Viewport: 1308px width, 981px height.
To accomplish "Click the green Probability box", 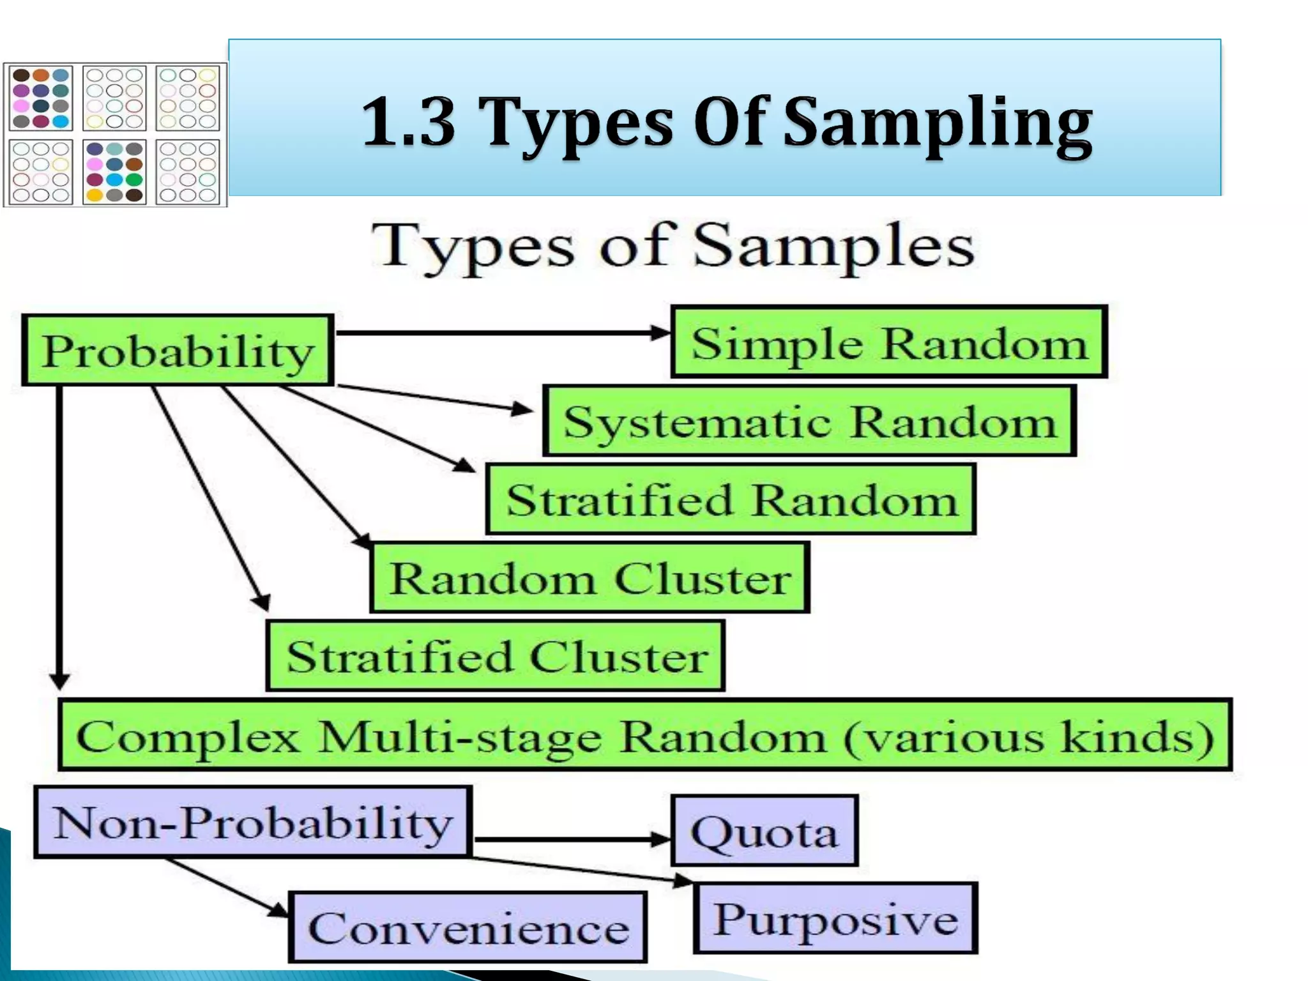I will tap(178, 350).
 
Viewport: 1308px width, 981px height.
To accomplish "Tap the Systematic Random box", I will tap(809, 421).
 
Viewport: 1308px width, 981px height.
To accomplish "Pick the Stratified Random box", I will tap(731, 499).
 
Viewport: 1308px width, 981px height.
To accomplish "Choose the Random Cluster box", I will tap(589, 578).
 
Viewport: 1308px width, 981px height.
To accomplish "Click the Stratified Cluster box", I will tap(496, 656).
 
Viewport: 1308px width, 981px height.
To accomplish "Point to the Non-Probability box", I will tap(253, 822).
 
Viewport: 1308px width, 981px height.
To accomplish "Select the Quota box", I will tap(764, 831).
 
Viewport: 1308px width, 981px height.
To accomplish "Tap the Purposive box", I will tap(835, 918).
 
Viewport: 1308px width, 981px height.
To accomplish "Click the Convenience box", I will tap(468, 927).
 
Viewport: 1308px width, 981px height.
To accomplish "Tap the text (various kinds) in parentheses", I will tap(1028, 736).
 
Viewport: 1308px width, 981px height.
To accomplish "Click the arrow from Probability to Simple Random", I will tap(501, 333).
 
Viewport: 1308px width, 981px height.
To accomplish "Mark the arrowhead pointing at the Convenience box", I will tap(279, 910).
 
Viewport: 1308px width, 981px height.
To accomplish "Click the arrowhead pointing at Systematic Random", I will tap(522, 409).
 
